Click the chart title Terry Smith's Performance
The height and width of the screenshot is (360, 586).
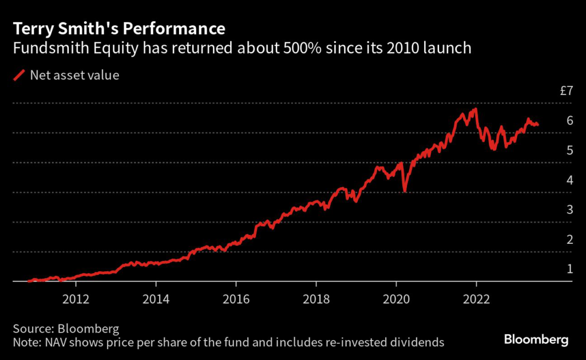click(x=118, y=29)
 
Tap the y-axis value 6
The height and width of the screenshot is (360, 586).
click(x=569, y=120)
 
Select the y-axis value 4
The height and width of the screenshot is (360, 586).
click(x=569, y=180)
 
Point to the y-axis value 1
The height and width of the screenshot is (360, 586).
click(x=569, y=269)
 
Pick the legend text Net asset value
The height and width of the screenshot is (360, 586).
click(x=74, y=75)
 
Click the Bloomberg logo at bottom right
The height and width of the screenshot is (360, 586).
click(x=536, y=340)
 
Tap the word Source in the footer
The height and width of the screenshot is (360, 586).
click(x=31, y=329)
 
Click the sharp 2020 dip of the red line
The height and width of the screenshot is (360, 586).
click(x=405, y=190)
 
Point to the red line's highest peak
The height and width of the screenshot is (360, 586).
click(x=475, y=109)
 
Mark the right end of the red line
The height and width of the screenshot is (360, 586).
click(x=537, y=124)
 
